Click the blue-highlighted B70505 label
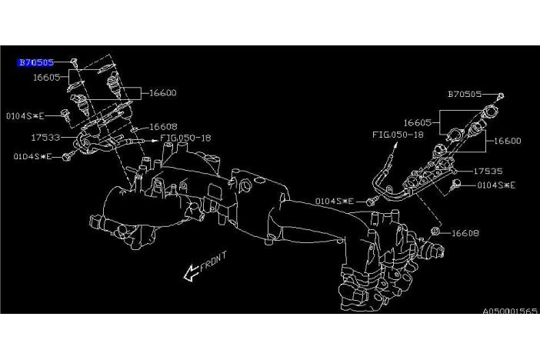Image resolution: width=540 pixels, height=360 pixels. (x=36, y=62)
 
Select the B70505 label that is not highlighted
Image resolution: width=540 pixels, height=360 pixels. (x=465, y=95)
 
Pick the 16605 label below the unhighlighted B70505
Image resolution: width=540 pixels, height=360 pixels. (x=418, y=122)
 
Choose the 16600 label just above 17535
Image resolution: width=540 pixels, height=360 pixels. (x=508, y=141)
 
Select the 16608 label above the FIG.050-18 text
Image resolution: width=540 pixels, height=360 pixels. (x=163, y=126)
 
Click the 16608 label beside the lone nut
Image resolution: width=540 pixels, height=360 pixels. (x=465, y=232)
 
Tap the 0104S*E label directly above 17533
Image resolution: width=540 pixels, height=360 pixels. (x=21, y=115)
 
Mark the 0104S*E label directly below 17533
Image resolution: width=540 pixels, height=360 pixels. (x=32, y=156)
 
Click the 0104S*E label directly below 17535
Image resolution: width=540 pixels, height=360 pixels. (x=496, y=185)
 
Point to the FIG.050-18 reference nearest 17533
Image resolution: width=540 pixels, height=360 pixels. (x=185, y=139)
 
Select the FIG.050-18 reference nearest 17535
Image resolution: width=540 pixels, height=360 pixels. (x=397, y=135)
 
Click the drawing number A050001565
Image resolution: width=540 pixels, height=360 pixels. (x=510, y=312)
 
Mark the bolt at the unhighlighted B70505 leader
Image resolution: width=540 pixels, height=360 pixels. (x=500, y=96)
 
